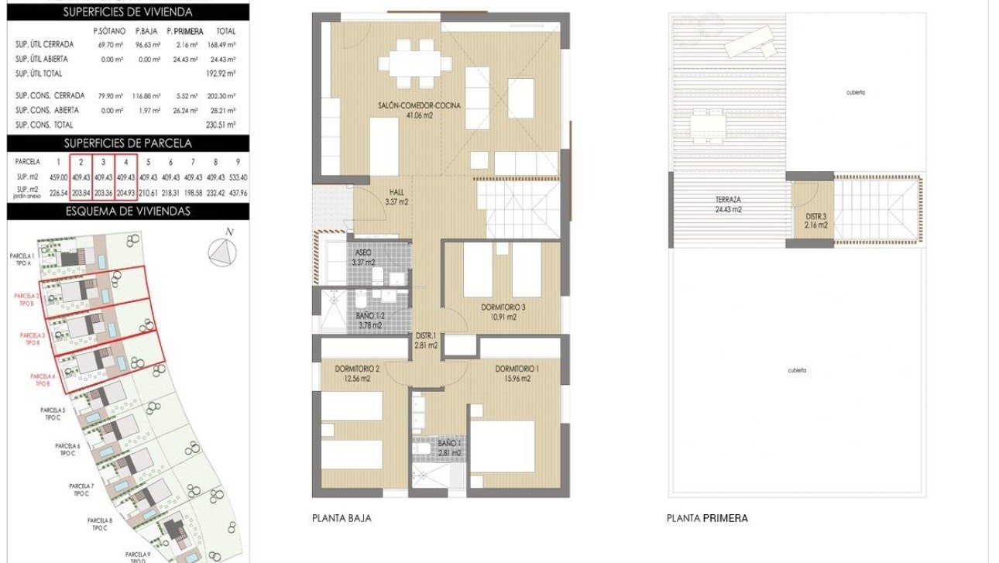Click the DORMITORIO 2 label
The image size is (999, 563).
pos(357,373)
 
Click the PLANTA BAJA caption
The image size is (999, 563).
pos(341,518)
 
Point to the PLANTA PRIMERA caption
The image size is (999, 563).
pos(707,518)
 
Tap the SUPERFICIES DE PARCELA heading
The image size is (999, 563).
pos(128,143)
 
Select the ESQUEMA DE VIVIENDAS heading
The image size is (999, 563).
pos(128,211)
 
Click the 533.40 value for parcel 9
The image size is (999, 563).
pos(238,177)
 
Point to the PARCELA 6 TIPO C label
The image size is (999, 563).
pos(68,449)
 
